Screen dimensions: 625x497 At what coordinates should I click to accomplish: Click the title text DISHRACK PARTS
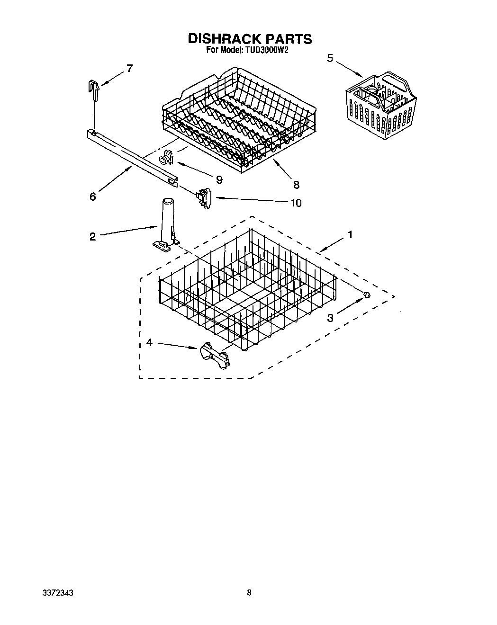(250, 39)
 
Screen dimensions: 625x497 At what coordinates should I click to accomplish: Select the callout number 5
(330, 58)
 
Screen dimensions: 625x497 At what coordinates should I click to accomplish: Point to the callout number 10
(296, 203)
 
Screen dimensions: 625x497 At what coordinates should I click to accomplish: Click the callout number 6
(93, 196)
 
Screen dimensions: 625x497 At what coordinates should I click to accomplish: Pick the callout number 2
(92, 236)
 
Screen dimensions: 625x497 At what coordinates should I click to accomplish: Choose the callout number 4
(149, 342)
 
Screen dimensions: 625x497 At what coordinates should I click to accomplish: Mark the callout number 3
(330, 318)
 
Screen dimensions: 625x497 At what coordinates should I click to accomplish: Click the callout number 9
(218, 179)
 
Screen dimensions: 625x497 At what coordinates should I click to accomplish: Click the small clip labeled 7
(95, 89)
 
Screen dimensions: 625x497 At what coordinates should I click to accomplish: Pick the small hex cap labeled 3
(366, 295)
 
